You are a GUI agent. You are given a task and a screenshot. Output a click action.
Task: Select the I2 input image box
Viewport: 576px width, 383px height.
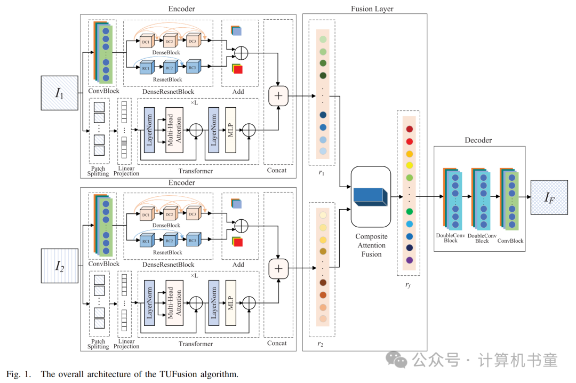click(x=60, y=266)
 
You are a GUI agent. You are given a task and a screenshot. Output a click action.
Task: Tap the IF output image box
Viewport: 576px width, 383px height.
click(x=549, y=197)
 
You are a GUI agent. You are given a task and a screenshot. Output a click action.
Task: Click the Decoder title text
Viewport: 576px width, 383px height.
click(x=478, y=140)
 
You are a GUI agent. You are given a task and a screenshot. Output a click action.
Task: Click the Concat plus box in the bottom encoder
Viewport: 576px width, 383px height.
click(x=278, y=268)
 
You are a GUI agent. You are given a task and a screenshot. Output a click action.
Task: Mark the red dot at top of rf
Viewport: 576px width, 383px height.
click(x=409, y=129)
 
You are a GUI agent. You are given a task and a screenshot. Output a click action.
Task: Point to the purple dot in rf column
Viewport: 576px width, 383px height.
click(x=409, y=260)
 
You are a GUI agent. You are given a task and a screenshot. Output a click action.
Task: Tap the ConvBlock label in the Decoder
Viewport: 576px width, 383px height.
click(x=510, y=241)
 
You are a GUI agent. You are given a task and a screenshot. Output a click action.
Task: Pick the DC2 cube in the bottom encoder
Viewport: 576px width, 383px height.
click(x=169, y=214)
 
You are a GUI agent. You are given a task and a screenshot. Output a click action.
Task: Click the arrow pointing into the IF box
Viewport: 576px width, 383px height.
click(x=525, y=197)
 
